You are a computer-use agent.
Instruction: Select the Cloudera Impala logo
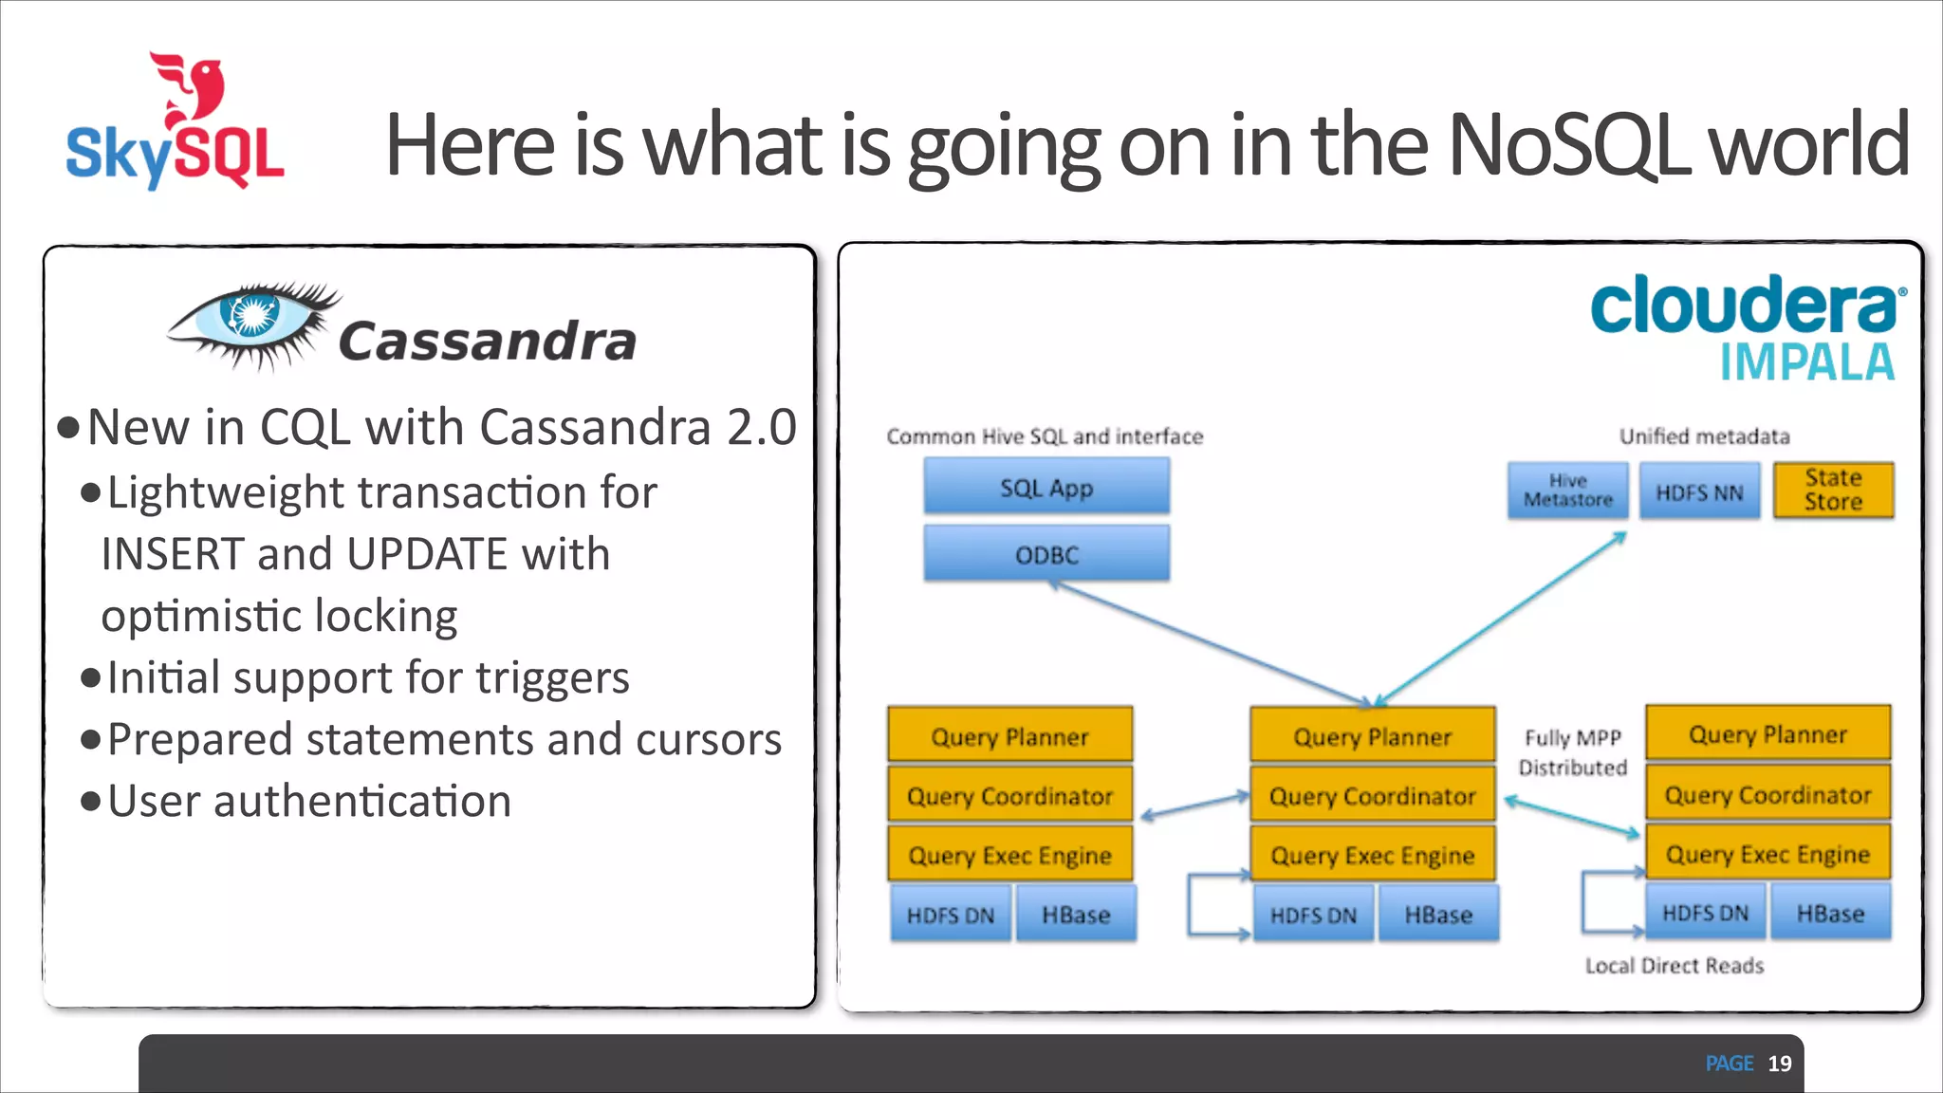coord(1746,327)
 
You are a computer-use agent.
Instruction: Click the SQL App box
coord(1046,488)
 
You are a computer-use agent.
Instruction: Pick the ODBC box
coord(1046,554)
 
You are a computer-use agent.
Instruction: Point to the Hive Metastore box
coord(1567,491)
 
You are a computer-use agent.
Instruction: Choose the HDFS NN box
coord(1699,491)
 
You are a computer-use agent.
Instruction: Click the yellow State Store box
coord(1833,490)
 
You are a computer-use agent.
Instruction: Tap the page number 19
coord(1780,1064)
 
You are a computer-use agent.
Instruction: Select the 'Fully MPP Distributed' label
coord(1572,752)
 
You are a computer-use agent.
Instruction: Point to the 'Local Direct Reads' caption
coord(1674,966)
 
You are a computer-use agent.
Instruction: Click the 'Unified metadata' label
coord(1704,436)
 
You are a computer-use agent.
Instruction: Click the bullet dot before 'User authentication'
coord(91,802)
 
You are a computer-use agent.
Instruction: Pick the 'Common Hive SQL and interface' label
coord(1045,436)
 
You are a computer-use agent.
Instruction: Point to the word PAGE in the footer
coord(1729,1064)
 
